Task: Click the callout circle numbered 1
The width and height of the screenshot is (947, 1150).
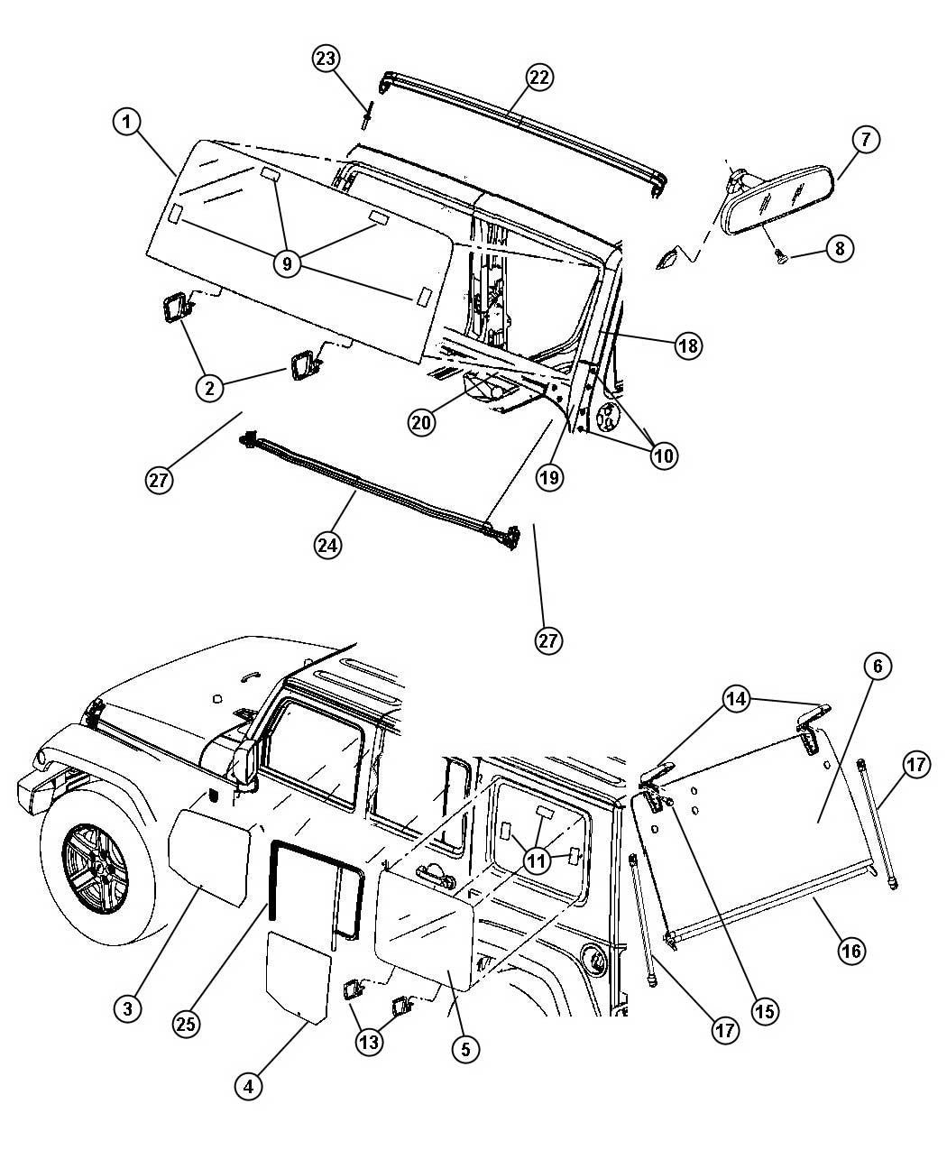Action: click(x=126, y=122)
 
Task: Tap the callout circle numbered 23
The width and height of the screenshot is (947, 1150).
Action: click(x=326, y=58)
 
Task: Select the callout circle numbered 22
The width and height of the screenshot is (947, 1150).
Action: click(x=539, y=77)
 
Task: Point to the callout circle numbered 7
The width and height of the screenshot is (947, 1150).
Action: click(x=866, y=139)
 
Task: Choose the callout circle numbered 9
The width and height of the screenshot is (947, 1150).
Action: click(x=287, y=264)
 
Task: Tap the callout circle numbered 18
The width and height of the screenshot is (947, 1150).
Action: click(x=688, y=345)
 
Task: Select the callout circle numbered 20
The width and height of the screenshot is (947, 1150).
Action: click(x=421, y=423)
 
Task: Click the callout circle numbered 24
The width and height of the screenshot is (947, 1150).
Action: click(x=327, y=546)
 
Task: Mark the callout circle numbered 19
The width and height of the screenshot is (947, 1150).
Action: click(x=549, y=477)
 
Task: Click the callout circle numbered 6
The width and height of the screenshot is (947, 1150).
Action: click(x=878, y=666)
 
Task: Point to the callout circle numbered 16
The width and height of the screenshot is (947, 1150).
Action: click(x=851, y=951)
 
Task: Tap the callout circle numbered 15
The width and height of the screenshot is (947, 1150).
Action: click(x=765, y=1011)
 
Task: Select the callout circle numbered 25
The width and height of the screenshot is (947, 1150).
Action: click(x=186, y=1025)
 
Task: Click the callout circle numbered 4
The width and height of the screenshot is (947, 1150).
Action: click(x=248, y=1087)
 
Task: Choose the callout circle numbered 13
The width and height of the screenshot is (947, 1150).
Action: click(x=369, y=1042)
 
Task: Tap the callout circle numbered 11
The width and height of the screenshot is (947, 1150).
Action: click(x=538, y=860)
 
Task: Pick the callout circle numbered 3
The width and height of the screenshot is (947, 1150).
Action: click(x=128, y=1009)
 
